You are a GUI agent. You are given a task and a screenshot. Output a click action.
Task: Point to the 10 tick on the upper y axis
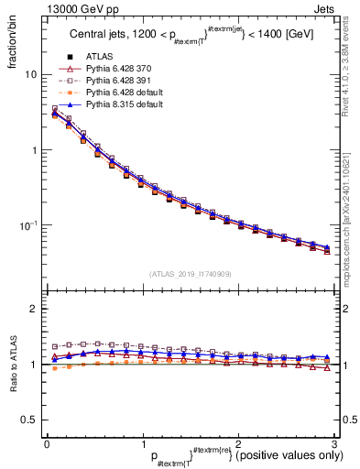[x=31, y=74]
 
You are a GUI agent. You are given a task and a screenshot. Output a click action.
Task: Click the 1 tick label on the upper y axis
[x=34, y=149]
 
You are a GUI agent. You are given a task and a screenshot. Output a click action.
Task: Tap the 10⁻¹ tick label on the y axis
[x=27, y=224]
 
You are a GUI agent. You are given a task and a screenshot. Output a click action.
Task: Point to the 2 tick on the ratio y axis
[x=34, y=309]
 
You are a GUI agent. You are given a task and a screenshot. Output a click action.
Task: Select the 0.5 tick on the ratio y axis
[x=29, y=420]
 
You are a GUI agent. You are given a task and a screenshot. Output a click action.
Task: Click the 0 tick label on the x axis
[x=47, y=443]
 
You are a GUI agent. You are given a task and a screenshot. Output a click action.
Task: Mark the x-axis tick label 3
[x=333, y=443]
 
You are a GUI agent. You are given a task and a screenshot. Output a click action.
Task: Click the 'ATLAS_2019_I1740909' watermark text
[x=189, y=274]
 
